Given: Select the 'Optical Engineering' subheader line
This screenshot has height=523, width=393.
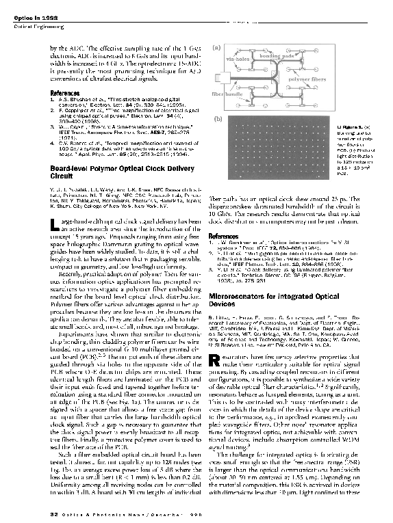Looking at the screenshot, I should coord(38,26).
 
